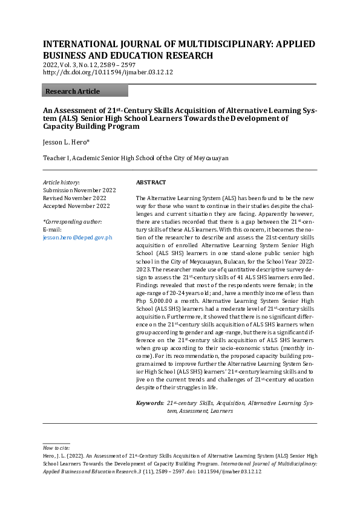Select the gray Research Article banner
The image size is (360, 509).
85,91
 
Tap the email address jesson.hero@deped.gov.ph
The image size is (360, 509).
77,238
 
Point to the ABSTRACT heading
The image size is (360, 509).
151,182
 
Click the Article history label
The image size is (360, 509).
61,182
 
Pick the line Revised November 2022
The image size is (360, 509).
74,198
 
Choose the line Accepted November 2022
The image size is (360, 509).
76,206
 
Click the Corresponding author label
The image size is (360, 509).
73,222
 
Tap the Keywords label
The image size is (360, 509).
149,403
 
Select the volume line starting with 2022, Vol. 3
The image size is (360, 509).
89,64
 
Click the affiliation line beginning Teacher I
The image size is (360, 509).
136,158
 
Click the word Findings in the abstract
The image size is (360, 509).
149,293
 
